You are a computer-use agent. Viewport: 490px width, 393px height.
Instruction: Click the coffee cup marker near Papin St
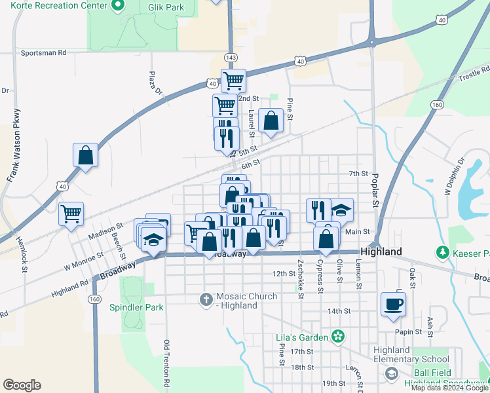393,305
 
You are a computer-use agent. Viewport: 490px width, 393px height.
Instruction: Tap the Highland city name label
381,252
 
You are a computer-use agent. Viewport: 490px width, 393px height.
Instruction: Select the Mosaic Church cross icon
206,299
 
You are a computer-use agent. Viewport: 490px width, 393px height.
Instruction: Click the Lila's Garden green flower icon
337,337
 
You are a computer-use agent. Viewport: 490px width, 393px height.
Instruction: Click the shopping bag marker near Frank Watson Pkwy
85,155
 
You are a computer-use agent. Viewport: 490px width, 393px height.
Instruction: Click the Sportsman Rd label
44,52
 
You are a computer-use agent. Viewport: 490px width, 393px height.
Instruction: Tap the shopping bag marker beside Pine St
271,121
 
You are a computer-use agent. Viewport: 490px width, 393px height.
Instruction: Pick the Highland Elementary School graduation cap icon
391,373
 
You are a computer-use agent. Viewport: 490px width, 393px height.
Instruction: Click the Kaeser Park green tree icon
443,252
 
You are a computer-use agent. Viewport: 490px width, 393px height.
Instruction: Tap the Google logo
22,384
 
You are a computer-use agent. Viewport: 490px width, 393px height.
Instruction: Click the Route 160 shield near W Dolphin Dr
437,105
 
